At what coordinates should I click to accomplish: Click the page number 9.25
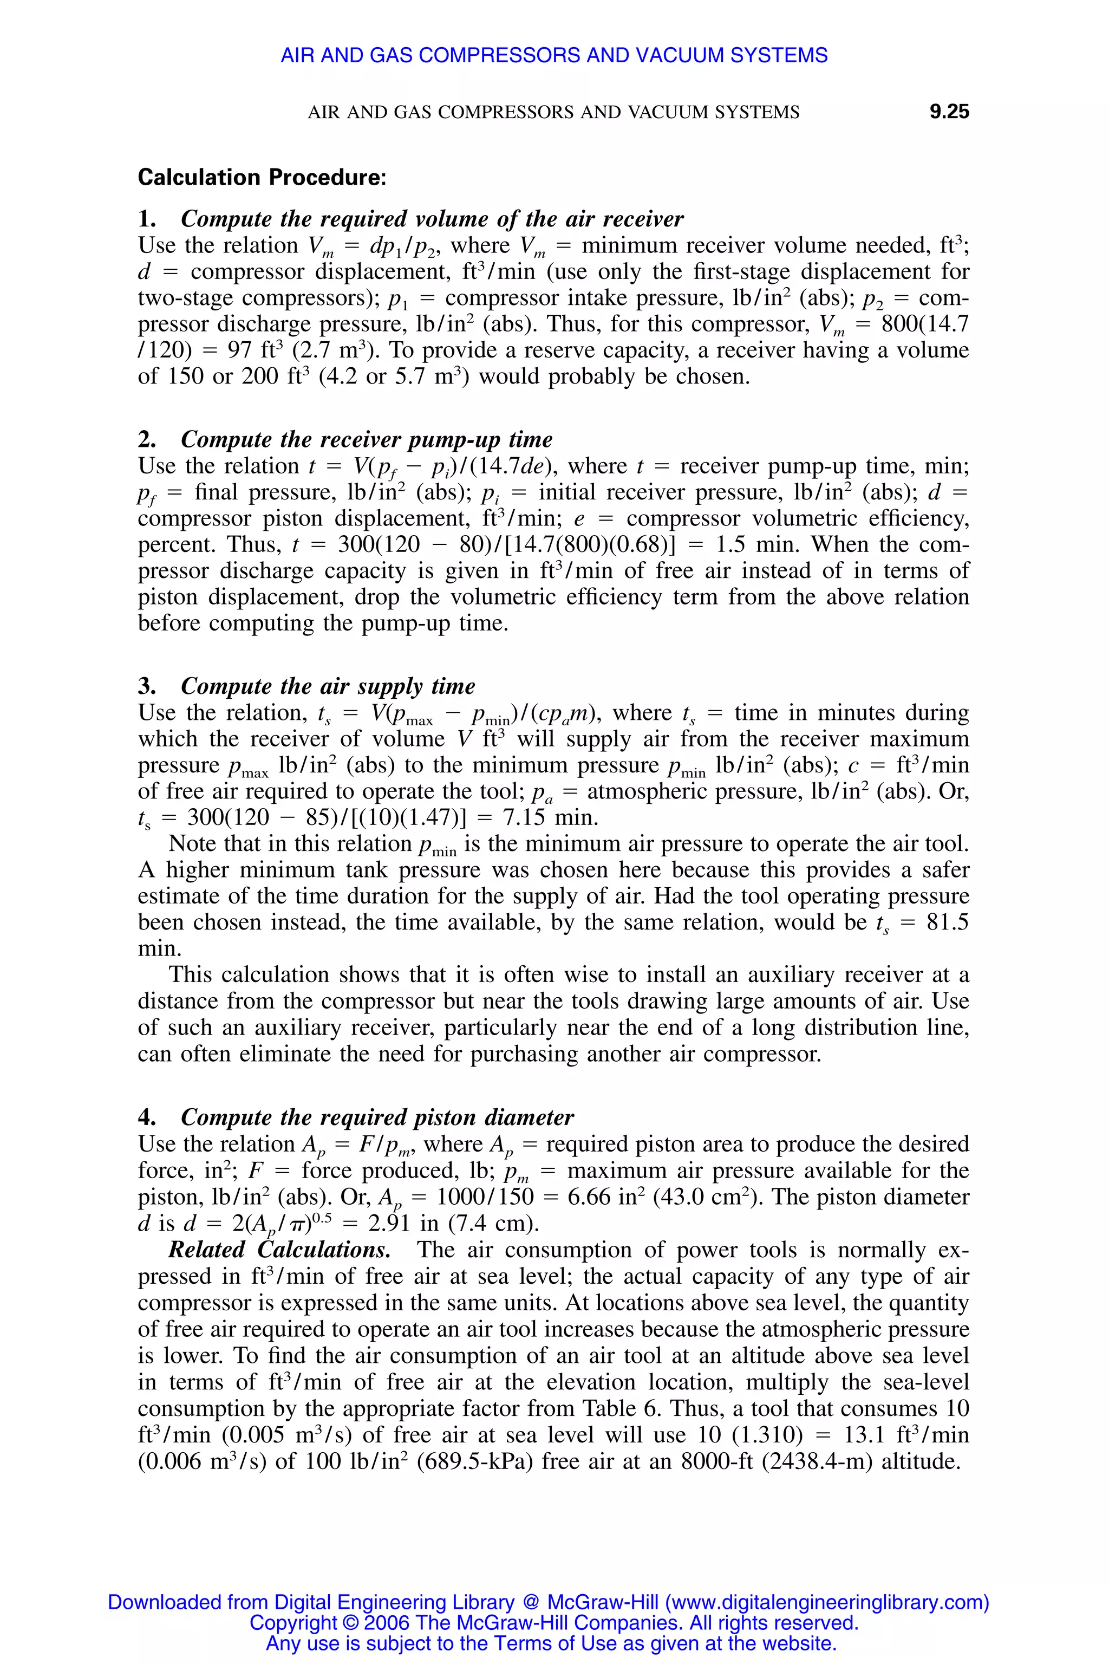[x=949, y=112]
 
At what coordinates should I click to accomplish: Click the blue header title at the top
[x=554, y=55]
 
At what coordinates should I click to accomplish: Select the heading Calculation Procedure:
[x=262, y=177]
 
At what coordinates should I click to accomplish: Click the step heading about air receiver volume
[x=432, y=219]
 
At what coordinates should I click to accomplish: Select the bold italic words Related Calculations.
[x=279, y=1250]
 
